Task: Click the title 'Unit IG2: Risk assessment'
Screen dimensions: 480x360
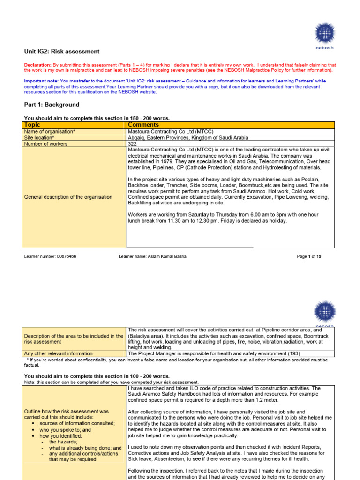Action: point(62,52)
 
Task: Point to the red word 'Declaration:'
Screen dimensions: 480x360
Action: point(37,65)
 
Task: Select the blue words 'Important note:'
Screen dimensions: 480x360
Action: point(41,81)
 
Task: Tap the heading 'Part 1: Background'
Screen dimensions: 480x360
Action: point(52,105)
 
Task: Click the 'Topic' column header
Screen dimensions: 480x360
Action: point(32,125)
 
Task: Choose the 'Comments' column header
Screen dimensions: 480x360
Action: point(143,125)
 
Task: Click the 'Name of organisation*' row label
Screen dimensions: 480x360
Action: point(49,132)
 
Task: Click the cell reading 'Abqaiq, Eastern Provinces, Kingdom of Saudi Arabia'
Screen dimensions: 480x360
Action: point(188,138)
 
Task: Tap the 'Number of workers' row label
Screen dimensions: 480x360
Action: point(45,144)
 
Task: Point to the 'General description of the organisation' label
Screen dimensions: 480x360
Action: point(68,197)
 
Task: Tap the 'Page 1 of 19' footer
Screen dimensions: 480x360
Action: point(309,257)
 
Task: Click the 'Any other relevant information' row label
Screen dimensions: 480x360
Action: point(58,353)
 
